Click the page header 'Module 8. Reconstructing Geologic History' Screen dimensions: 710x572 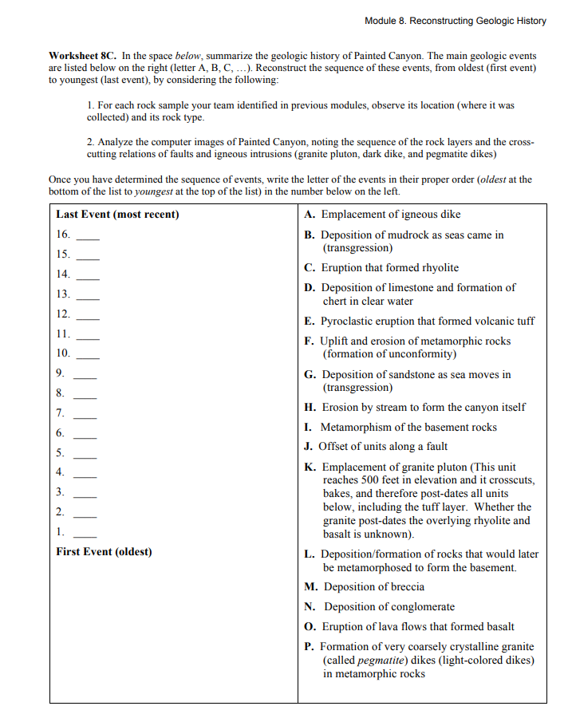coord(455,21)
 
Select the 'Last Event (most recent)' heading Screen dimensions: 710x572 coord(117,215)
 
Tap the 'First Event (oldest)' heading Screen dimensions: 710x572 coord(104,551)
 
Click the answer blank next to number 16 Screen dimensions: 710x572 coord(88,237)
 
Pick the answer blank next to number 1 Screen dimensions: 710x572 coord(88,533)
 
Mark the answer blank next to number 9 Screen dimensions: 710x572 coord(88,374)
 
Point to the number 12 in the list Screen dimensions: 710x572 coord(63,314)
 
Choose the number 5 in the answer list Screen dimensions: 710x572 coord(60,452)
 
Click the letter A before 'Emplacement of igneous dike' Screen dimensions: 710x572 coord(309,215)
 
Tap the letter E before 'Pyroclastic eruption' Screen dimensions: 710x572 coord(309,321)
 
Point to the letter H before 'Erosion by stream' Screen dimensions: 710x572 coord(310,408)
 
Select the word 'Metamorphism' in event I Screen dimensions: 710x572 coord(355,428)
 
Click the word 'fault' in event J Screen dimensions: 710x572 coord(435,447)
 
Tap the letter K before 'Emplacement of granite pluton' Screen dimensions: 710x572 coord(310,467)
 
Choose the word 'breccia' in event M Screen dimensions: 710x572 coord(406,587)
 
